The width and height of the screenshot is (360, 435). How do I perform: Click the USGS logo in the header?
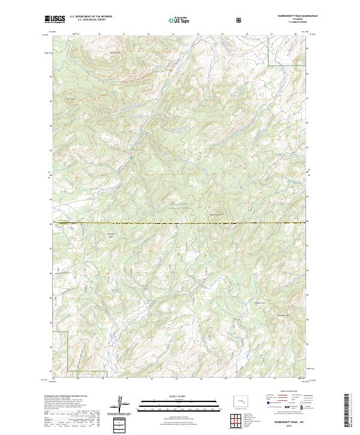pos(55,19)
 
